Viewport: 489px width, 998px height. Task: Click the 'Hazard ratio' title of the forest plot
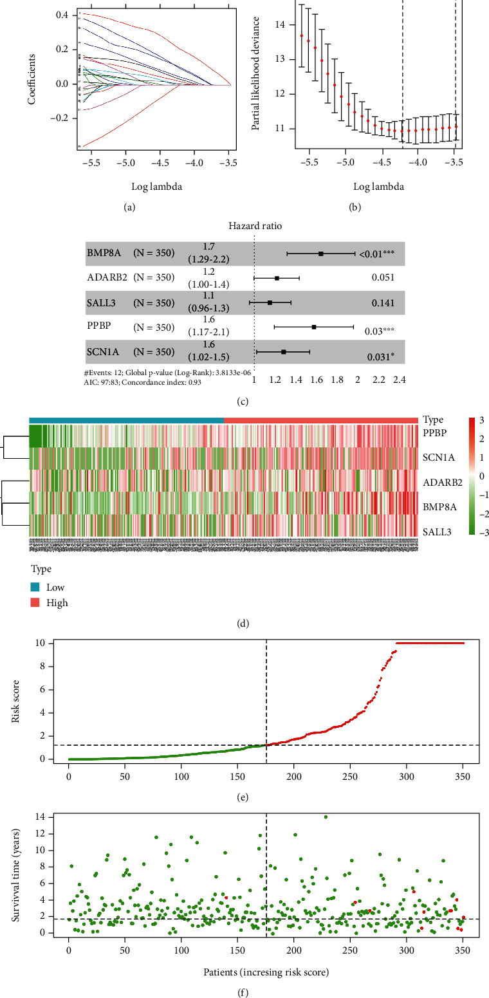coord(255,226)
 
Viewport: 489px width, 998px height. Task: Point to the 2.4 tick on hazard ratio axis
coord(399,380)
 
